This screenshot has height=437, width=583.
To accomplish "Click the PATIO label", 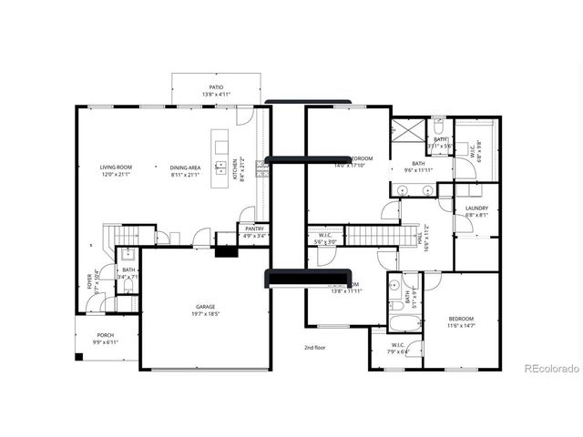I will point(216,86).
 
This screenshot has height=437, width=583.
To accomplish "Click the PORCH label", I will point(105,335).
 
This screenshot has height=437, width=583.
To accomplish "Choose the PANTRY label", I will point(254,229).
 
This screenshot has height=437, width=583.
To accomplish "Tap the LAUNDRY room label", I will point(476,208).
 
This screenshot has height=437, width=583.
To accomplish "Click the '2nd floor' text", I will point(315,348).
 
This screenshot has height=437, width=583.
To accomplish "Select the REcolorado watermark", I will point(551,369).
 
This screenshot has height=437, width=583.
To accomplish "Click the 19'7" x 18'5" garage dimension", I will point(205,314).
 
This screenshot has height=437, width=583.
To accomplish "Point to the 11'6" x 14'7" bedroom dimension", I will point(460,325).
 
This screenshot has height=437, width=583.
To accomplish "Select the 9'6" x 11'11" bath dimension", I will point(418,170).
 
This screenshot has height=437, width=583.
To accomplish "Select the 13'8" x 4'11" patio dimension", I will point(216,94).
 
